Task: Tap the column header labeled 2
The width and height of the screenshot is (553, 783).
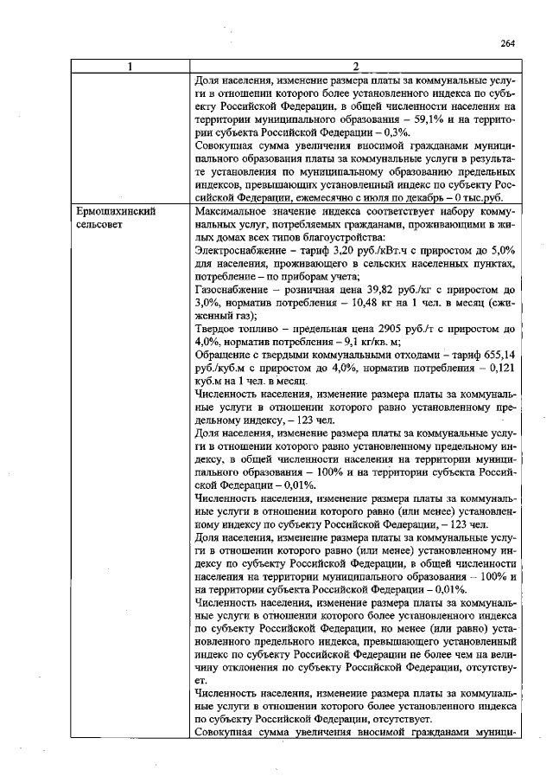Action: click(x=355, y=68)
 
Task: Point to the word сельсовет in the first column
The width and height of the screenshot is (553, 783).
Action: click(x=102, y=224)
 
